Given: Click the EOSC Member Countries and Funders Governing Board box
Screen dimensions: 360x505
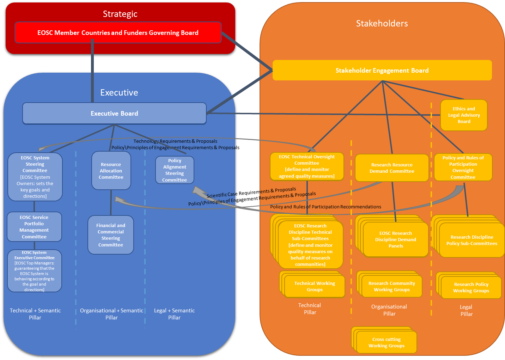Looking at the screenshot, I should (118, 33).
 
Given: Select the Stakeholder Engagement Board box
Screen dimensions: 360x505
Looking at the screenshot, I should (382, 71).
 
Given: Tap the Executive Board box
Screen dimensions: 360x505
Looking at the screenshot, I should (114, 114).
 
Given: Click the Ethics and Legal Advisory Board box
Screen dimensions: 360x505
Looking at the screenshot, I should (464, 115).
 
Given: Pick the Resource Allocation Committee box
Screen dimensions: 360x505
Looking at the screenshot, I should (111, 171).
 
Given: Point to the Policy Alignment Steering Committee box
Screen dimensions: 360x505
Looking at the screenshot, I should (175, 170).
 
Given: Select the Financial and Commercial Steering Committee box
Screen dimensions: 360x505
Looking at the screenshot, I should (111, 235).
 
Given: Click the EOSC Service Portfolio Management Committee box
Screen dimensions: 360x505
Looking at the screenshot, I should (34, 227).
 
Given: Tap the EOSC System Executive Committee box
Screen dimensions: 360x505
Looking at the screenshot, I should (34, 271).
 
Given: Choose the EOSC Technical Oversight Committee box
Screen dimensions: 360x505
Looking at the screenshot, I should (307, 166).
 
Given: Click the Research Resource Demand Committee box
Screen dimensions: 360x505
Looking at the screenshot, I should (392, 168).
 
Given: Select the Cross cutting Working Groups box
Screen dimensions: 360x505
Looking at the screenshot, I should (387, 342).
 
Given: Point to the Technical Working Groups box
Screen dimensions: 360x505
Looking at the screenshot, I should (315, 287).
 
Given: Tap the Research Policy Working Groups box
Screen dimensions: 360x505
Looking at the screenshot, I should (471, 288).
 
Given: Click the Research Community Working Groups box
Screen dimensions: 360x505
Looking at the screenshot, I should (392, 287).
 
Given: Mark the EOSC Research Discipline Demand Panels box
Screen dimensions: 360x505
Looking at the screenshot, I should (396, 240).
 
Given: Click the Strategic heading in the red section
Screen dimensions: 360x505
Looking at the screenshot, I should (120, 14).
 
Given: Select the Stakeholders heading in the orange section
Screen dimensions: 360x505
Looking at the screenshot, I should (382, 24).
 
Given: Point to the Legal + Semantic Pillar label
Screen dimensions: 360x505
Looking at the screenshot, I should (174, 314).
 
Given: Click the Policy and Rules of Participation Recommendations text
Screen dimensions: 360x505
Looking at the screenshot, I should (325, 207).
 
